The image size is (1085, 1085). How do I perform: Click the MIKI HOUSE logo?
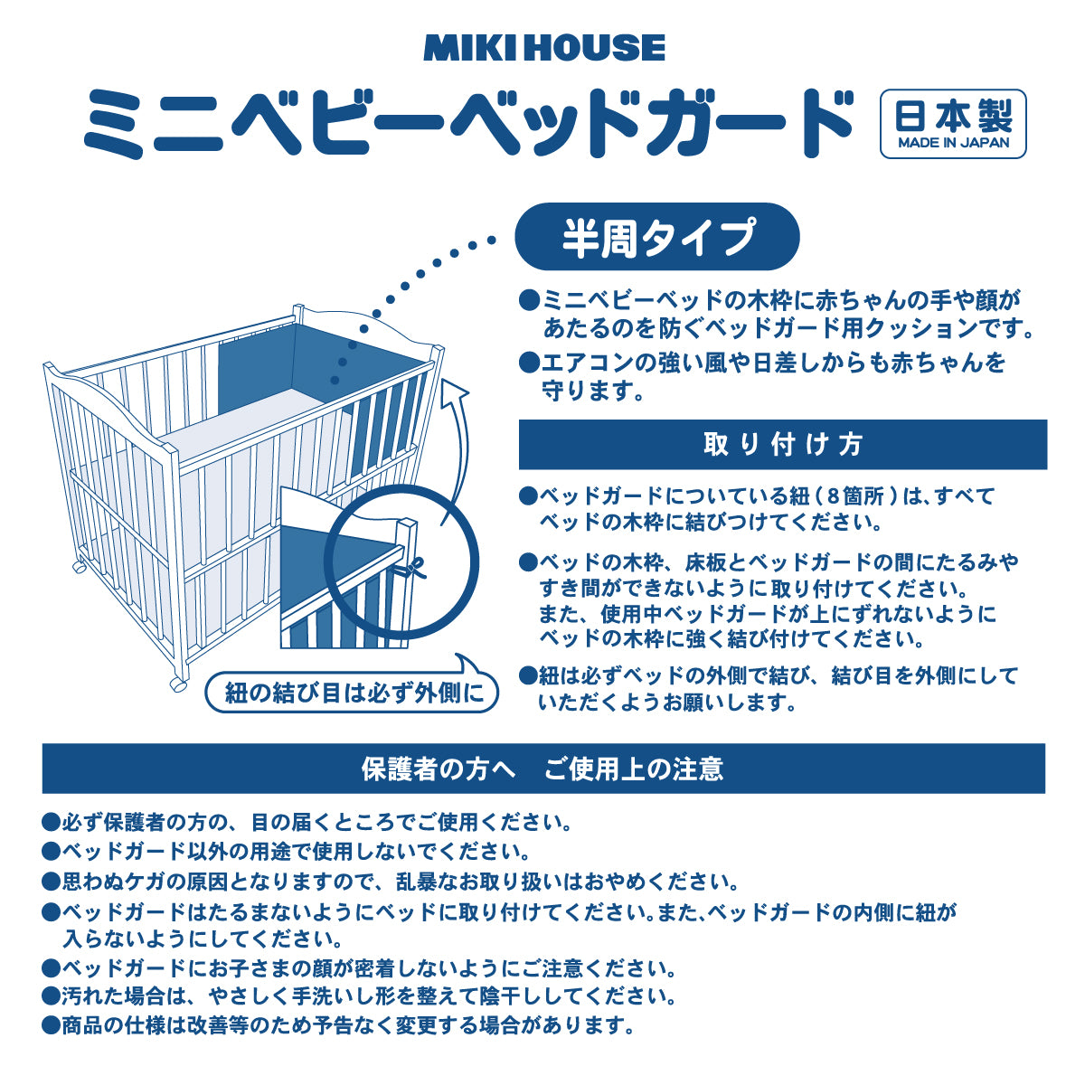pyautogui.click(x=543, y=48)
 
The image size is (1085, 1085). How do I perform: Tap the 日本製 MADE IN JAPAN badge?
pyautogui.click(x=953, y=124)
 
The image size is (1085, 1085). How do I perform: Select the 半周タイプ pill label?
pyautogui.click(x=657, y=237)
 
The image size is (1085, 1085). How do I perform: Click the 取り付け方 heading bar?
pyautogui.click(x=782, y=444)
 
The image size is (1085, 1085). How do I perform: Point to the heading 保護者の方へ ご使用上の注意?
pyautogui.click(x=542, y=769)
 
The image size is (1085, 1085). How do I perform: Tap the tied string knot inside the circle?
pyautogui.click(x=415, y=569)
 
